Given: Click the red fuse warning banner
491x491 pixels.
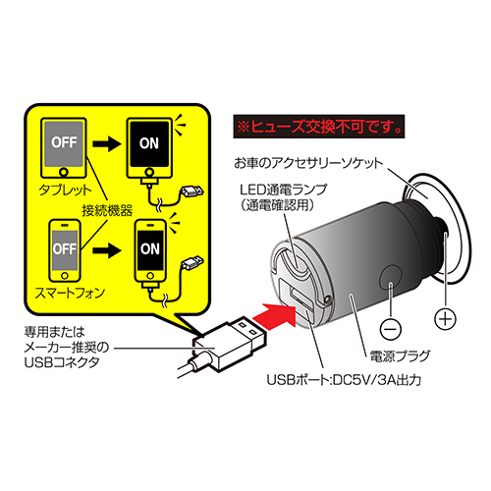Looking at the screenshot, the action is pyautogui.click(x=319, y=127).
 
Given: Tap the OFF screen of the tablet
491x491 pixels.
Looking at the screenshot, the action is pyautogui.click(x=64, y=144).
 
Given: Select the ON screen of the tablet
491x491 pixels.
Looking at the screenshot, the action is pyautogui.click(x=149, y=143).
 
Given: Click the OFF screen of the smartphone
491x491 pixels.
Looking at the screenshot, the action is pyautogui.click(x=65, y=249).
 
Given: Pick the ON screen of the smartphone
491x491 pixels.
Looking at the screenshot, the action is pyautogui.click(x=150, y=250).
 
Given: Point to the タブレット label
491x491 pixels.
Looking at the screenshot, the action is pyautogui.click(x=65, y=191).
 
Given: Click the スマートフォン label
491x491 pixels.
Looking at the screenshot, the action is pyautogui.click(x=70, y=293).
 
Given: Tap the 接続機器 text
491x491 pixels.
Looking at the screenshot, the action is pyautogui.click(x=107, y=211).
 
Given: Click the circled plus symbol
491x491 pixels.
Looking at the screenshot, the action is pyautogui.click(x=445, y=318).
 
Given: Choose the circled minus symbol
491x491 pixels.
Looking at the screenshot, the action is pyautogui.click(x=391, y=329).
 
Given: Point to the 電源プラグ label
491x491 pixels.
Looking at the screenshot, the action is pyautogui.click(x=400, y=356).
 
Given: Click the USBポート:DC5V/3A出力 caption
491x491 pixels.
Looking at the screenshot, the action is pyautogui.click(x=344, y=380).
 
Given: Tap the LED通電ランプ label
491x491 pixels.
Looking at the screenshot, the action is pyautogui.click(x=284, y=190).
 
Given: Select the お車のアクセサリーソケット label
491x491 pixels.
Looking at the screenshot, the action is pyautogui.click(x=308, y=163).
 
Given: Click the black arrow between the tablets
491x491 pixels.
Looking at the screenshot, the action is pyautogui.click(x=107, y=144).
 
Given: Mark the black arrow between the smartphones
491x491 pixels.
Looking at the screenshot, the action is pyautogui.click(x=107, y=250).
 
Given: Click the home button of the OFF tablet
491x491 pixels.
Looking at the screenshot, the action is pyautogui.click(x=64, y=172).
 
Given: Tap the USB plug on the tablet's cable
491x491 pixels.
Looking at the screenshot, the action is pyautogui.click(x=192, y=191).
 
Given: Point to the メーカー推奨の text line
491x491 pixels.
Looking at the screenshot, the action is pyautogui.click(x=67, y=348).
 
